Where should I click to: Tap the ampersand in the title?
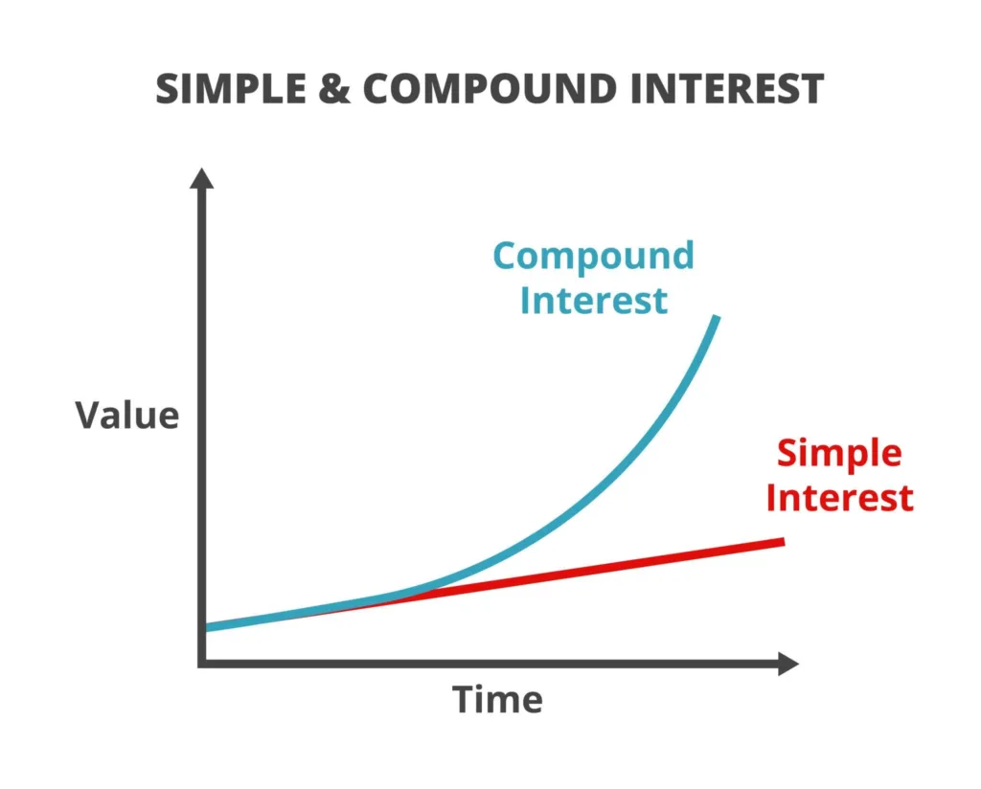tap(341, 89)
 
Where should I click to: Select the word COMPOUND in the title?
tap(500, 89)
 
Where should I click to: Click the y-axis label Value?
tap(127, 416)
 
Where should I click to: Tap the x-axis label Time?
tap(497, 700)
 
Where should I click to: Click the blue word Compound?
tap(593, 257)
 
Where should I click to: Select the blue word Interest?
tap(593, 301)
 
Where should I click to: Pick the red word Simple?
tap(839, 452)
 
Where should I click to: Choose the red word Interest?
tap(839, 498)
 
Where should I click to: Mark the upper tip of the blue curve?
tap(716, 317)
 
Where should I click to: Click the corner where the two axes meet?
tap(201, 664)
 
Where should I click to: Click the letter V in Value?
tap(89, 416)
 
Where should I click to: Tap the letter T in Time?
tap(464, 700)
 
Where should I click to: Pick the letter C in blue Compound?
tap(507, 257)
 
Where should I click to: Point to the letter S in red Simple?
tap(787, 452)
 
